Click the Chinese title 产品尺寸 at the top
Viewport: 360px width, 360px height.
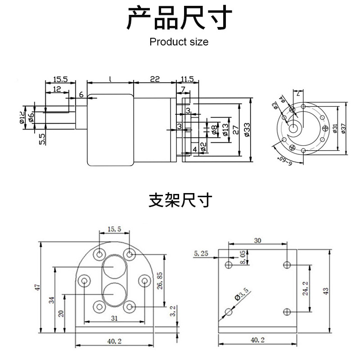[180, 18]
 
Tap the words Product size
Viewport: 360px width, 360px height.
[179, 42]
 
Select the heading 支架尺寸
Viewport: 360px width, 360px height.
[180, 200]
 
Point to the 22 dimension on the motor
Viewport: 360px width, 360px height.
[154, 79]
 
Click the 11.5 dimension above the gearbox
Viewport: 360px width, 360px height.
[186, 79]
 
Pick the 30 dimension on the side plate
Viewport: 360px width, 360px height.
[257, 241]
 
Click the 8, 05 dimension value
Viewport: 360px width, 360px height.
[243, 257]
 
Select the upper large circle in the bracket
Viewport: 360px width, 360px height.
[113, 268]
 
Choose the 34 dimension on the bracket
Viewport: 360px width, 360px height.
[52, 300]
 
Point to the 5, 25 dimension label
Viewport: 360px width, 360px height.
[201, 254]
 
